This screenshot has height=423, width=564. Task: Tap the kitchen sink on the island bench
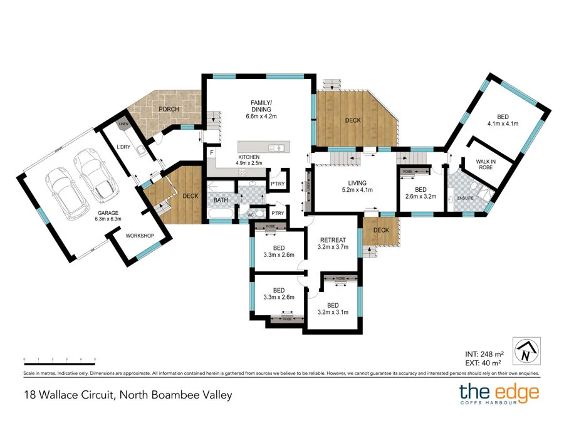point(276,148)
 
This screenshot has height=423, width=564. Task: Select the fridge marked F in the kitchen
point(212,152)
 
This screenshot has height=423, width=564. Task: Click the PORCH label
point(169,109)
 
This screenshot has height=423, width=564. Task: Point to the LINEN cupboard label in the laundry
point(123,125)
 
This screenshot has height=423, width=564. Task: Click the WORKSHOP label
point(140,236)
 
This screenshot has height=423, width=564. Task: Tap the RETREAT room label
point(332,240)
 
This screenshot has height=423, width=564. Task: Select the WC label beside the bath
point(249,214)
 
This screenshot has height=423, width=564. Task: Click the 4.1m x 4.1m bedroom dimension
point(503,124)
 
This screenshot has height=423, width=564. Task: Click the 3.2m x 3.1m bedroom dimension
point(333,312)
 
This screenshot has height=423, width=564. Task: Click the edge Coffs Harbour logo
point(499,395)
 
